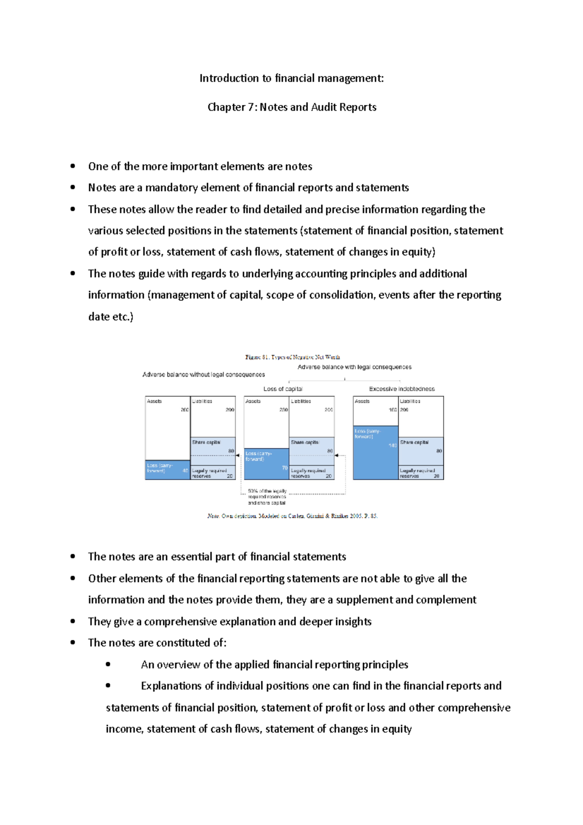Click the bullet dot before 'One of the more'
point(73,166)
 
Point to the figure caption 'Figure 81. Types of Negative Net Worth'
point(292,357)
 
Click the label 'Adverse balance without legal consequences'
point(204,375)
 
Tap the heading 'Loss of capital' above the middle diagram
point(283,389)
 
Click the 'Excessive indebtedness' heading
point(402,389)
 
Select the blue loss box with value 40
point(167,470)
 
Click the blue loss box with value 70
point(266,464)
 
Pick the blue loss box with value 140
point(376,452)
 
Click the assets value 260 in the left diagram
point(185,410)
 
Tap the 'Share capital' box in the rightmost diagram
point(421,450)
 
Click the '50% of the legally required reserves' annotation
point(267,497)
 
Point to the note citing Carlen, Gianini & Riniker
point(292,516)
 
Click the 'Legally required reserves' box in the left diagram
point(212,473)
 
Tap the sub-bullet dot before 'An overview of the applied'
point(108,664)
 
